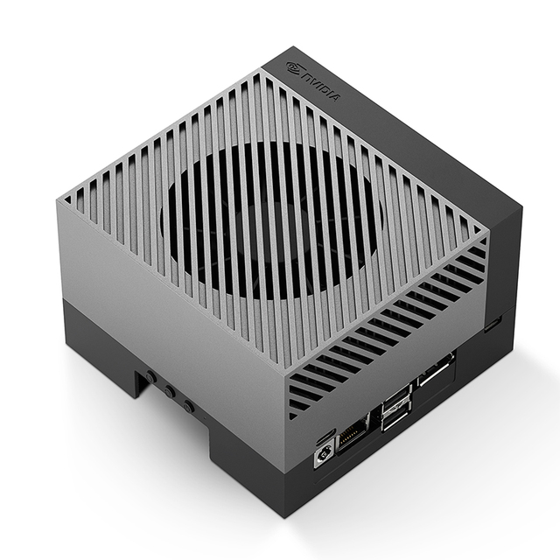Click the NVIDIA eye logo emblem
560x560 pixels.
(295, 67)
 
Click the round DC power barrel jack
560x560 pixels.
(325, 455)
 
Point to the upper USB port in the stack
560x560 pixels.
(396, 397)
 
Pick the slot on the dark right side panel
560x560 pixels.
(493, 324)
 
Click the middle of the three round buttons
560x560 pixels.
(169, 391)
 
